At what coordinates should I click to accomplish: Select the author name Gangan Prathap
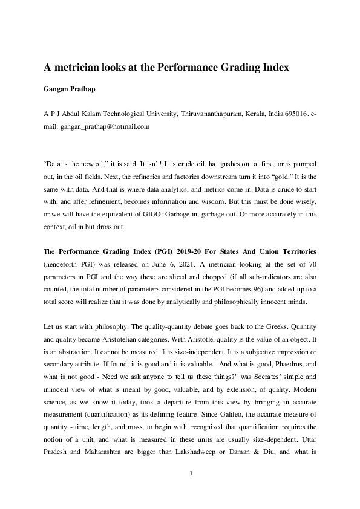click(68, 90)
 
